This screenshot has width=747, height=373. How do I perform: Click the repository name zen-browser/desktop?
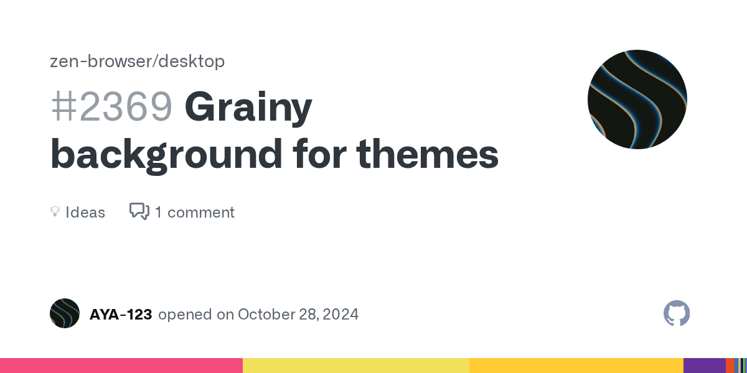tap(137, 61)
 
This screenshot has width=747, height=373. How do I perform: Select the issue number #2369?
tap(111, 107)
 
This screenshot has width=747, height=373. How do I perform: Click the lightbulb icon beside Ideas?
tap(55, 212)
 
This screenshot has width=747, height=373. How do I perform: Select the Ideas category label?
tap(85, 212)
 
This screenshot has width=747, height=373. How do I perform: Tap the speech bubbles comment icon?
tap(139, 211)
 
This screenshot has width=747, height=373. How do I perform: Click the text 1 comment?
tap(194, 212)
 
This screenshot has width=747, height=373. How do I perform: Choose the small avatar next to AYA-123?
tap(65, 313)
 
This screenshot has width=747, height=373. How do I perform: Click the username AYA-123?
tap(121, 314)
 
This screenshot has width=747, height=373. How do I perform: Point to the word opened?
tap(184, 314)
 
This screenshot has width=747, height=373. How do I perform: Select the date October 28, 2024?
tap(298, 314)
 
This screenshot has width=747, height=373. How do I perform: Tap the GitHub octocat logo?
tap(677, 313)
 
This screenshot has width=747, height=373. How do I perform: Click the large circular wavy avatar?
tap(637, 99)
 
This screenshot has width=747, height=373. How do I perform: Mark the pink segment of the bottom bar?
tap(121, 366)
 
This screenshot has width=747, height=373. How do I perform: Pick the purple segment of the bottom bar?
tap(704, 366)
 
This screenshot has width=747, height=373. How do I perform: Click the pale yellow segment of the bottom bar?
tap(355, 366)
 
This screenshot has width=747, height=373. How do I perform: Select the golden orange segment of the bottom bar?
tap(576, 366)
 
